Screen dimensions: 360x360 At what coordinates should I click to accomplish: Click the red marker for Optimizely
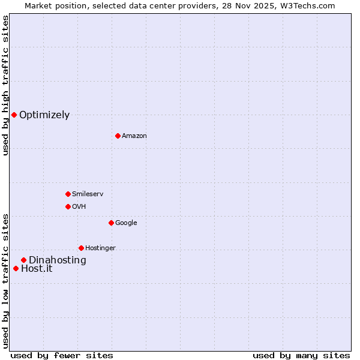pyautogui.click(x=14, y=115)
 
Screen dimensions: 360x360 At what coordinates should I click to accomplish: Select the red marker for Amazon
pyautogui.click(x=118, y=136)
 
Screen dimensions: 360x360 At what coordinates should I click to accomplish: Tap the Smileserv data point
pyautogui.click(x=68, y=194)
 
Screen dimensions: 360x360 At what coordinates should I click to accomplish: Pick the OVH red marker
pyautogui.click(x=68, y=206)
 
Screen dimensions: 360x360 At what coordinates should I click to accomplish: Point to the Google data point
pyautogui.click(x=111, y=223)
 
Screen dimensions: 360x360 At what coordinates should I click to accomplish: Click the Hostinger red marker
pyautogui.click(x=81, y=248)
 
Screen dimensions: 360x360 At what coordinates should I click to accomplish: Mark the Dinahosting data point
pyautogui.click(x=23, y=260)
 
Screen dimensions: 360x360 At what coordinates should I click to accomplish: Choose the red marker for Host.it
pyautogui.click(x=16, y=268)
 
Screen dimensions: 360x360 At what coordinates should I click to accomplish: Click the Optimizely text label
pyautogui.click(x=44, y=115)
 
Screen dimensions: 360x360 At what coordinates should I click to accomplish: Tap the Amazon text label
pyautogui.click(x=134, y=136)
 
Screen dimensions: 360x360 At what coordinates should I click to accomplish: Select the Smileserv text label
pyautogui.click(x=88, y=194)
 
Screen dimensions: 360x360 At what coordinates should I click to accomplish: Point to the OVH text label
pyautogui.click(x=79, y=207)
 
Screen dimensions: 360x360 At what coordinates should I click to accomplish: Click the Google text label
pyautogui.click(x=126, y=223)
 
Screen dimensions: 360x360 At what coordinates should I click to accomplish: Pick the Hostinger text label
pyautogui.click(x=100, y=248)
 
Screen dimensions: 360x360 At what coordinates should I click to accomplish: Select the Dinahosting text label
pyautogui.click(x=58, y=260)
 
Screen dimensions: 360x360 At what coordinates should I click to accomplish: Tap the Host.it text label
pyautogui.click(x=37, y=269)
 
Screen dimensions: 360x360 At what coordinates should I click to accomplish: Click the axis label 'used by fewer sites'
pyautogui.click(x=62, y=355)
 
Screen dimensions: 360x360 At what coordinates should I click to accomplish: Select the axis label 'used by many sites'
pyautogui.click(x=301, y=355)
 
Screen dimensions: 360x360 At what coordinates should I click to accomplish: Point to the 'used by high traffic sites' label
pyautogui.click(x=5, y=85)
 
